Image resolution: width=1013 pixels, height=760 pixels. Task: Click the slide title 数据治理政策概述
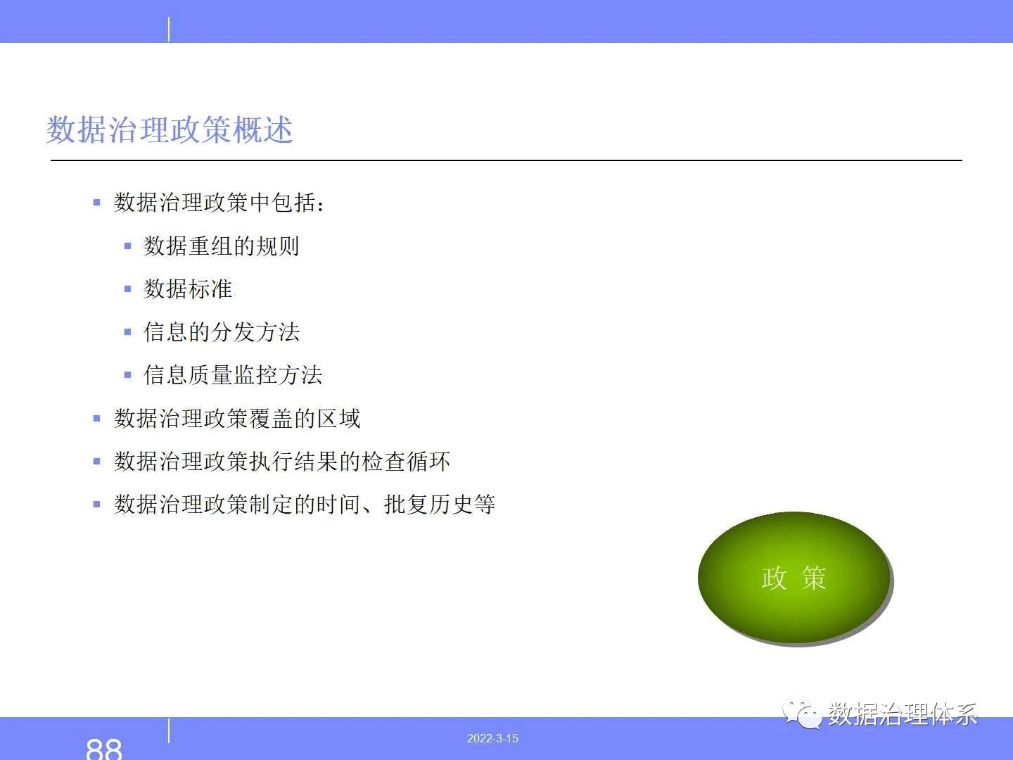[x=170, y=129]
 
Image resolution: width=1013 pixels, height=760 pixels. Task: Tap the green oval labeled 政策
[x=794, y=577]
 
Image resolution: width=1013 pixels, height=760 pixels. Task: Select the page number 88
[x=104, y=749]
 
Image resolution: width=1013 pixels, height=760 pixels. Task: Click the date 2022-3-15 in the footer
[x=492, y=738]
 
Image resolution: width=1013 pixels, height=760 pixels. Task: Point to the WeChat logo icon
[x=802, y=714]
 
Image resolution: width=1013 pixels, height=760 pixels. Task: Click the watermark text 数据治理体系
[x=903, y=714]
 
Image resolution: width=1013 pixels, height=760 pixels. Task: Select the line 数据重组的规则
[x=222, y=246]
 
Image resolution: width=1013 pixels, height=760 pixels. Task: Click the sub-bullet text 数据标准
[x=188, y=289]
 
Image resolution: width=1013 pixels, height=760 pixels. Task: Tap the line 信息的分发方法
[x=222, y=331]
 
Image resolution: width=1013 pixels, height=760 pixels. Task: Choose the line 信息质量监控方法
[x=233, y=374]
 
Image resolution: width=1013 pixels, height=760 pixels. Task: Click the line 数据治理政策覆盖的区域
[x=237, y=419]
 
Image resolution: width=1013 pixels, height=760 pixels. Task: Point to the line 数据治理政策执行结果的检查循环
[x=282, y=462]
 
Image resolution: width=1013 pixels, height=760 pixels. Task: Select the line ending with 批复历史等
[x=305, y=505]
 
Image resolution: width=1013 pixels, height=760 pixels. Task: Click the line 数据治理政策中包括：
[x=219, y=203]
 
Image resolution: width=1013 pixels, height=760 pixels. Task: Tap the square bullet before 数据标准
[x=128, y=289]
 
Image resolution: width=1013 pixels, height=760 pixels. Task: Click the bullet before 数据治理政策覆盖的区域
[x=96, y=419]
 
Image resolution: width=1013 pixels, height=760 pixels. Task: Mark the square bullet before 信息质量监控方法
[x=128, y=375]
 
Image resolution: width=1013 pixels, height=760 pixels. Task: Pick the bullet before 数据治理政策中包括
[x=96, y=203]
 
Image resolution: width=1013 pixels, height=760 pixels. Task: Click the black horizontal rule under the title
[x=507, y=160]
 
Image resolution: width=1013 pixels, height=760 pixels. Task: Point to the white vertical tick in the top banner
[x=169, y=29]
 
